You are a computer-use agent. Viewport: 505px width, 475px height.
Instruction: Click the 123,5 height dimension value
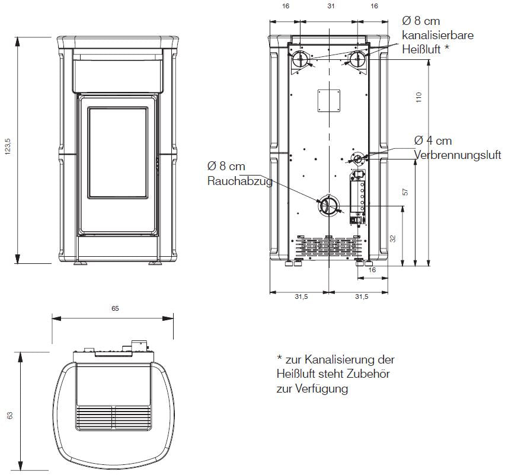point(8,146)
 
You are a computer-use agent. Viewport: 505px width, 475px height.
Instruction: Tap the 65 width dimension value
point(116,308)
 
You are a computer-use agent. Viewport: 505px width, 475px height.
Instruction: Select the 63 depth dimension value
point(10,415)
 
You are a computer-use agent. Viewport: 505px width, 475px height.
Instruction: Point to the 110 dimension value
point(418,97)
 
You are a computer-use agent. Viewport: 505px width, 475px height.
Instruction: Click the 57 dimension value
point(405,192)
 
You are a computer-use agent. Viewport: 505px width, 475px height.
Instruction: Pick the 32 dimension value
point(392,239)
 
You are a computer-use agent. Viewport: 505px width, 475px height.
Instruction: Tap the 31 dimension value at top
point(331,6)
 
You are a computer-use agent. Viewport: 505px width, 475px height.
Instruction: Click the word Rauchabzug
point(240,181)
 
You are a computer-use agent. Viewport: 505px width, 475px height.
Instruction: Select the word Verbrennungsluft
point(458,155)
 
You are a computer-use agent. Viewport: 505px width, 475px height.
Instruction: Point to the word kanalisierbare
point(437,35)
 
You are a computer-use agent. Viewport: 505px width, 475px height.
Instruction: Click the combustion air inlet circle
point(357,158)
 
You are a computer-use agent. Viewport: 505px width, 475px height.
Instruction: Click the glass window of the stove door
point(118,153)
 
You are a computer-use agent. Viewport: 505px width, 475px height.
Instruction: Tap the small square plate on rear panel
point(329,101)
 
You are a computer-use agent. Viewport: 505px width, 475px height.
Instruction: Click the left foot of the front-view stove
point(81,263)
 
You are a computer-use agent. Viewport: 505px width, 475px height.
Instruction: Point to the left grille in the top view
point(94,417)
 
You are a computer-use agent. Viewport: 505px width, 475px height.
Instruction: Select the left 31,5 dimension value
point(301,297)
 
